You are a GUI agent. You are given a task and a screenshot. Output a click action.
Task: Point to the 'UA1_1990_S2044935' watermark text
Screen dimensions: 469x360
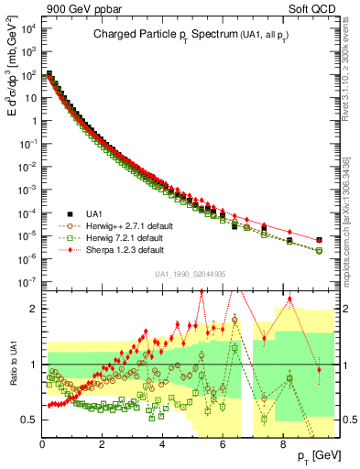click(190, 273)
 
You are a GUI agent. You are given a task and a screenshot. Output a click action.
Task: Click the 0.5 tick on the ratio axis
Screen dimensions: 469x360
click(30, 420)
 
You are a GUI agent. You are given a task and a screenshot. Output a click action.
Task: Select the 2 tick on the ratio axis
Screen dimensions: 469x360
click(35, 309)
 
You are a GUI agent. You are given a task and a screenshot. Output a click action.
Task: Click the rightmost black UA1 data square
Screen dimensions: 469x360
click(319, 240)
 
